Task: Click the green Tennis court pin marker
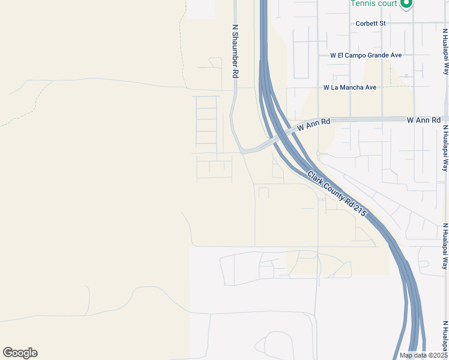tap(406, 4)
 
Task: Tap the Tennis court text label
tap(373, 4)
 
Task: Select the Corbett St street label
tap(370, 23)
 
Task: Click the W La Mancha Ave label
tap(350, 88)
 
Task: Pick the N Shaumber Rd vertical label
tap(236, 50)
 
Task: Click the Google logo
tap(20, 353)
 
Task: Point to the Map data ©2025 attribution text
tap(423, 355)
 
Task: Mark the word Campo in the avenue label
tap(357, 55)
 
